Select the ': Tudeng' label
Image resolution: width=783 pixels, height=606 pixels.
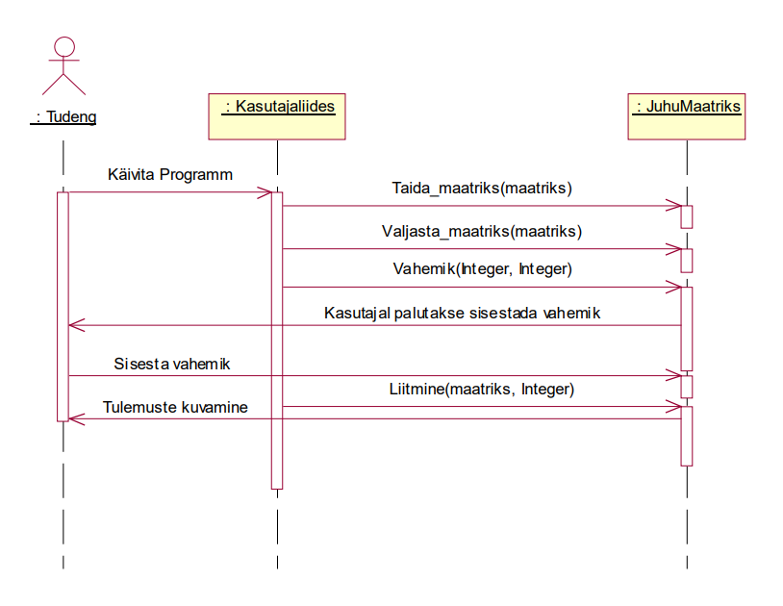[64, 117]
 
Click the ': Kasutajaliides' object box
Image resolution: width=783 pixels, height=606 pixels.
[277, 114]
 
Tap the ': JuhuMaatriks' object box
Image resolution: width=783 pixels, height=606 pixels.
[687, 114]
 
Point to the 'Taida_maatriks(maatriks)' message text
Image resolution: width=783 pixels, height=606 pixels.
[482, 188]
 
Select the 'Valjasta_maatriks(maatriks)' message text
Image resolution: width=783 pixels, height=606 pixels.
[482, 231]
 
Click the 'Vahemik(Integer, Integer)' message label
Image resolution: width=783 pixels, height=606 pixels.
[482, 269]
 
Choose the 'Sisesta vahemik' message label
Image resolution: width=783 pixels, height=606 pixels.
[172, 364]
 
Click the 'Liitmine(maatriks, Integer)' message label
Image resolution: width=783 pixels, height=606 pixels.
[482, 389]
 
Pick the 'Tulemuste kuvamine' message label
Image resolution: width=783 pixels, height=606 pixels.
[175, 407]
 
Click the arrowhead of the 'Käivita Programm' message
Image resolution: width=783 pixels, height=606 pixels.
[268, 192]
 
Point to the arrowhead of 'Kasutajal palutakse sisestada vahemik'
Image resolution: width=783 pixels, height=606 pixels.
[73, 326]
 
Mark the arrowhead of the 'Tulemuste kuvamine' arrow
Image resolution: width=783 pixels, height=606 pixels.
[73, 418]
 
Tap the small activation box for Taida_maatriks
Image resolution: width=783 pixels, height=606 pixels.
[687, 216]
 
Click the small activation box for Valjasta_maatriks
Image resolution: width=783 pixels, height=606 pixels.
[687, 260]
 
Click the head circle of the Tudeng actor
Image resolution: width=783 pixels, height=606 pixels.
[63, 48]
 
